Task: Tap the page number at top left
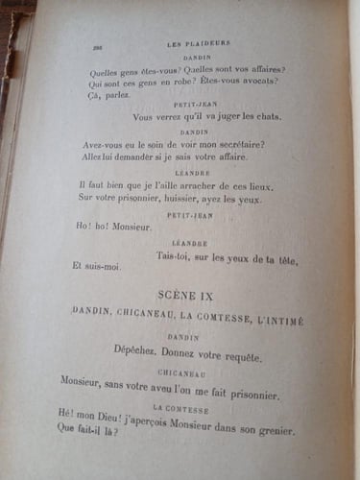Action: click(x=96, y=46)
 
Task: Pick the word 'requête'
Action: click(x=239, y=356)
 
